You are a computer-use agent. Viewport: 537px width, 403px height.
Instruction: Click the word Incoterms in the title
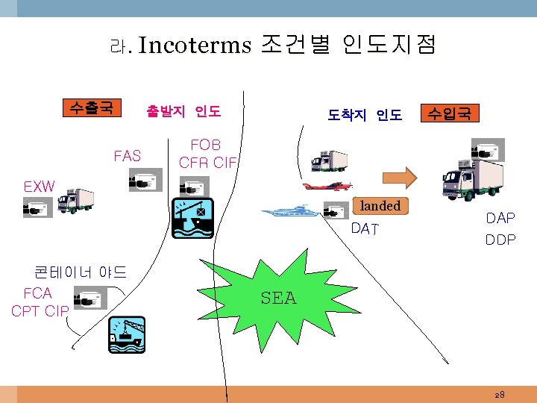point(195,46)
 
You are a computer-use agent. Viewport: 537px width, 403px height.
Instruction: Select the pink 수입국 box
point(450,113)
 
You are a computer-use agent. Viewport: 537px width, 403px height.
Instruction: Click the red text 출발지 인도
point(183,112)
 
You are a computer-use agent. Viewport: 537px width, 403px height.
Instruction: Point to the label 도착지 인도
point(365,115)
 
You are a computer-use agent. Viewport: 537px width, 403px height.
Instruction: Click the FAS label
point(128,156)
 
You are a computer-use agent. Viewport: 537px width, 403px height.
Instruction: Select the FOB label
point(206,144)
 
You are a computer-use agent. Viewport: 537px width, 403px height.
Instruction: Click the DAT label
point(365,229)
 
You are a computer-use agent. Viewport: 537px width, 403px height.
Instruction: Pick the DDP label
point(500,240)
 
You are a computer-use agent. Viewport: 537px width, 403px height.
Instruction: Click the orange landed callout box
point(380,206)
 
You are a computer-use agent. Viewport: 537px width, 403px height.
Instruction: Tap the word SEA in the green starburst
point(278,299)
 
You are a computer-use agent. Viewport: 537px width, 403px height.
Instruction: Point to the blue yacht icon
point(290,211)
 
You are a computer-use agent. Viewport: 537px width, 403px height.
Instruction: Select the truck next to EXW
point(75,200)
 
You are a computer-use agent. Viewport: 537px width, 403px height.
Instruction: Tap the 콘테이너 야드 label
point(81,271)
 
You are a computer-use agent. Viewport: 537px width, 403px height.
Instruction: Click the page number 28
point(499,393)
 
